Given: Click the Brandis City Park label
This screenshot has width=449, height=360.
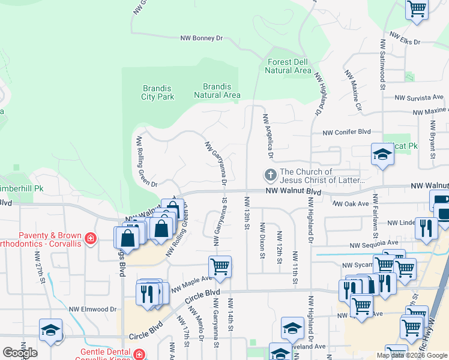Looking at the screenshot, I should tap(157, 92).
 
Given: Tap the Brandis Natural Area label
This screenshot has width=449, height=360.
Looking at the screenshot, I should tap(217, 91).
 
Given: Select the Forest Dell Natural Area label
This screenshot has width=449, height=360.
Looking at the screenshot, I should tap(288, 66).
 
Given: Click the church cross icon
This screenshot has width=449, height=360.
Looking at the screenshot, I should tap(271, 176).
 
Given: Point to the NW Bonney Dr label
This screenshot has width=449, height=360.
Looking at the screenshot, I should tap(202, 38).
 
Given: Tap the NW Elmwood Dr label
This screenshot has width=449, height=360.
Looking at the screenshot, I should tap(92, 309).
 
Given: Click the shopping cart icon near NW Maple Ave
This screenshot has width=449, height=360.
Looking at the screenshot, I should tap(220, 266).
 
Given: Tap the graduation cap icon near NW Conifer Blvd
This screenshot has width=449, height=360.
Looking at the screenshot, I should tap(382, 154).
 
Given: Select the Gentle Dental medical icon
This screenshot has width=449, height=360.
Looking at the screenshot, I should tap(139, 355).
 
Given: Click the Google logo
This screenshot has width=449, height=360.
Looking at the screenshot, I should tap(20, 353).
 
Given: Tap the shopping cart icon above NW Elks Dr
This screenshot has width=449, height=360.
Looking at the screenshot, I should tap(416, 9).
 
